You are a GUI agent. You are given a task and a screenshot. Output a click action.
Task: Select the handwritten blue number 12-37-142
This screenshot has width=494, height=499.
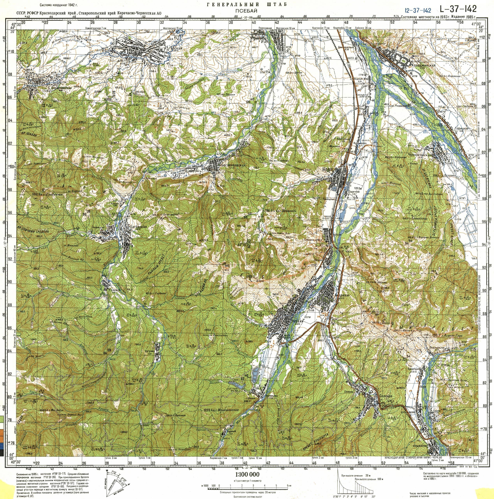tap(418, 10)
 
